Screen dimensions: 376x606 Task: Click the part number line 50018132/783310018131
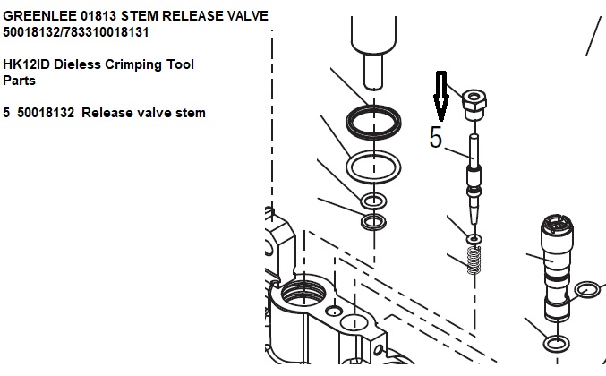coord(77,32)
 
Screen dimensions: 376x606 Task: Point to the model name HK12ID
coord(28,64)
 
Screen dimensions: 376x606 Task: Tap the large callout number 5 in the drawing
coord(436,138)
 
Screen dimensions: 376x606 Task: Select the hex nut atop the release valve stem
coord(474,104)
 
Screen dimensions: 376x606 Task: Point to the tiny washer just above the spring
coord(474,239)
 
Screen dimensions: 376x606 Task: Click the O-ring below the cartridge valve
coord(557,344)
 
